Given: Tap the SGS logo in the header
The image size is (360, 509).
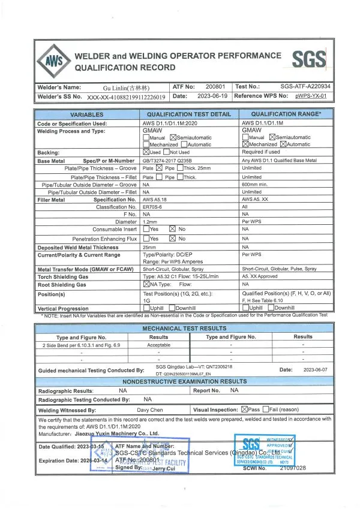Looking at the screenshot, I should tap(309, 59).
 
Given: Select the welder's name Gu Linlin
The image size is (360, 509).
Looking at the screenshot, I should tap(124, 87).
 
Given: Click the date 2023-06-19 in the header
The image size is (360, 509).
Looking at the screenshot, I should tap(205, 96).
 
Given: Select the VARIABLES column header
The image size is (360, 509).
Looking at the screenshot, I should tap(87, 115).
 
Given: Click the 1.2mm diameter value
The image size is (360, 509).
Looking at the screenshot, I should tap(151, 222).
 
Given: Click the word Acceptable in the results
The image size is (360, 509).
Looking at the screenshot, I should tap(158, 345).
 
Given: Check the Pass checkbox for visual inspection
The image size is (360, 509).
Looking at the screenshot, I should tap(244, 410).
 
